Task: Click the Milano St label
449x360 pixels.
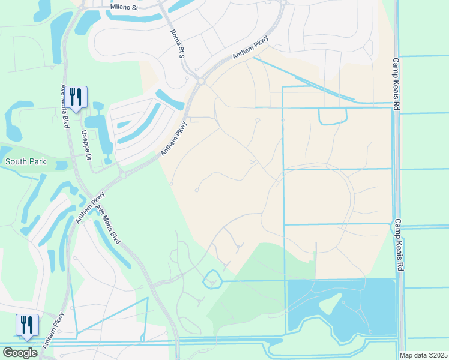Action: (x=125, y=7)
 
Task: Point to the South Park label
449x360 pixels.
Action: (x=26, y=161)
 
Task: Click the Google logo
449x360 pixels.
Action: (x=20, y=353)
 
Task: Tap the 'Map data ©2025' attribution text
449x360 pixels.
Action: (x=423, y=355)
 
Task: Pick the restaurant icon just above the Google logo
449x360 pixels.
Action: (x=27, y=325)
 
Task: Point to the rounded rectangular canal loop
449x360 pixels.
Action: (x=332, y=116)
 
